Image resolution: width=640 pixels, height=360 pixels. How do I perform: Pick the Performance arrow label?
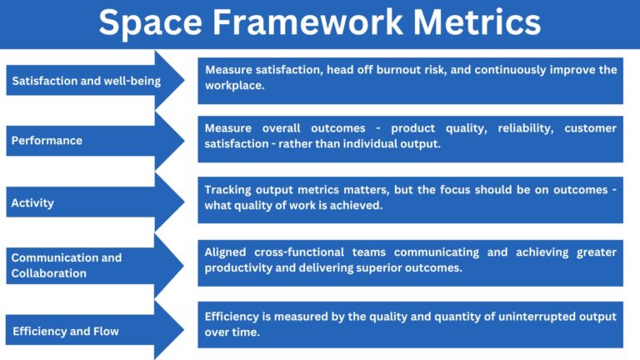pos(47,141)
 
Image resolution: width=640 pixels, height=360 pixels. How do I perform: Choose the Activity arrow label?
pos(32,202)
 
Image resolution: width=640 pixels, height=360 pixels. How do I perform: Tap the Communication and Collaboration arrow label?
pos(66,265)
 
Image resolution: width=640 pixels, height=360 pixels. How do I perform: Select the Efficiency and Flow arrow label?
pos(65,331)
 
